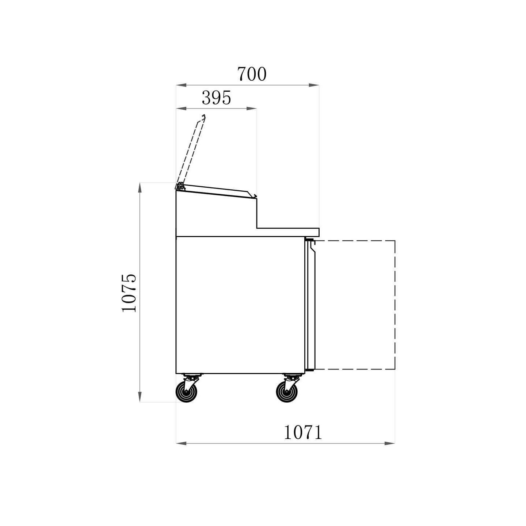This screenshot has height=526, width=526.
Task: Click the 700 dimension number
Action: point(251,74)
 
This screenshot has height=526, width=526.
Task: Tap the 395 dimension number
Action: point(217,98)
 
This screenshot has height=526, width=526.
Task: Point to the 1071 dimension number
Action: point(303,432)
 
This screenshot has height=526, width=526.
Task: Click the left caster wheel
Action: point(186,392)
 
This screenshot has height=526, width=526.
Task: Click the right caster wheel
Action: point(287,392)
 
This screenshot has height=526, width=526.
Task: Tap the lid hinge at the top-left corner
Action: point(180,187)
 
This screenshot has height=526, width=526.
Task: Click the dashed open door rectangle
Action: point(395,305)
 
